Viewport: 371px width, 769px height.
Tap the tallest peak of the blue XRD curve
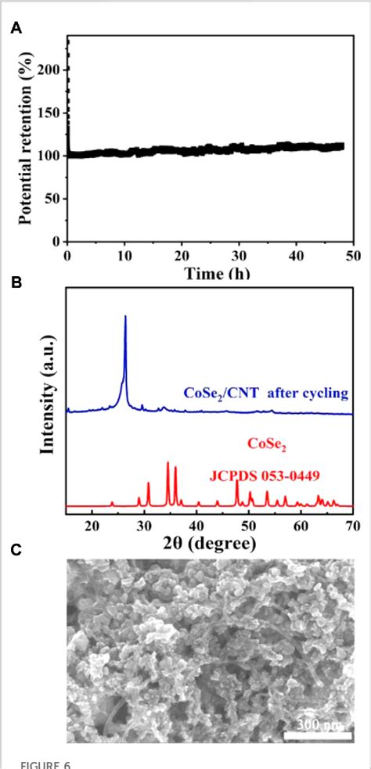pos(125,317)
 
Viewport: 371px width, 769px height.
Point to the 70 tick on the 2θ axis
pos(351,523)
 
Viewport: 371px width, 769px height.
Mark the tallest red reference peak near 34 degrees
pos(167,463)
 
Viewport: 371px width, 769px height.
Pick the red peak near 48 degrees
pos(236,481)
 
